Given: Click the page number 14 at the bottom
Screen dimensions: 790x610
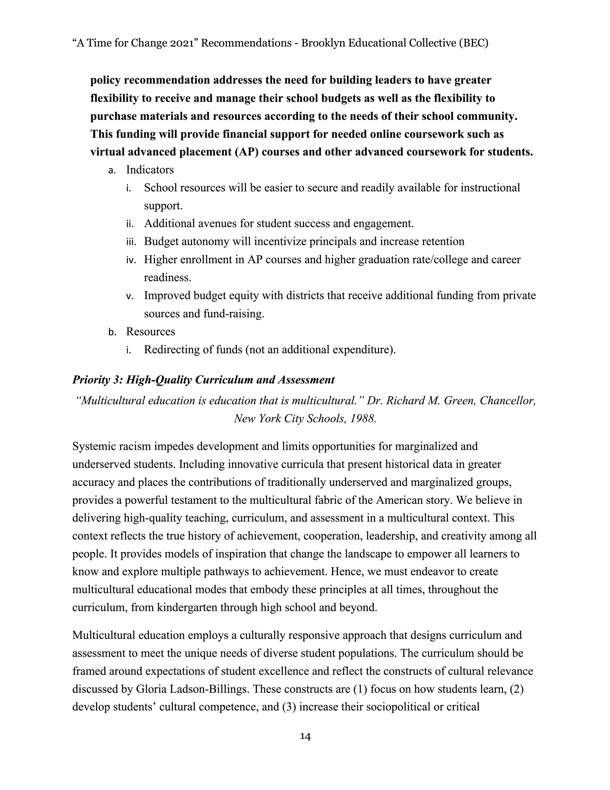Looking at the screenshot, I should point(305,737).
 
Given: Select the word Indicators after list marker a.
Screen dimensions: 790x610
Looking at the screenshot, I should point(150,170).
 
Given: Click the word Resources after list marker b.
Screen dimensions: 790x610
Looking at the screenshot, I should point(150,331).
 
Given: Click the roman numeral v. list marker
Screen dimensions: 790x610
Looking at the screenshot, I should point(130,296).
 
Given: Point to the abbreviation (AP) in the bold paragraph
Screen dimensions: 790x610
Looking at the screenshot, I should point(246,152).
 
